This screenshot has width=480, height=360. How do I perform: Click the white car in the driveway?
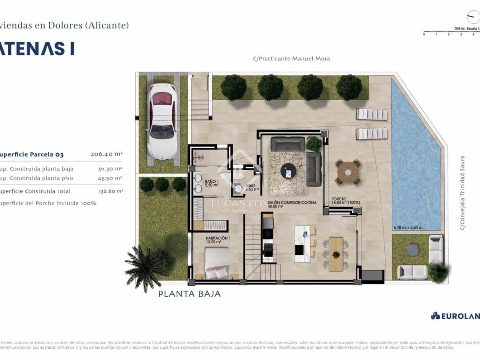[161, 121]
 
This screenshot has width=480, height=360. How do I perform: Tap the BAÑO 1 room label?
[211, 183]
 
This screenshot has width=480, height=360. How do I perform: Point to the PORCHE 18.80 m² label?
[345, 201]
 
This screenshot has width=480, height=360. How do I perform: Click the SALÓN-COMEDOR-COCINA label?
[292, 204]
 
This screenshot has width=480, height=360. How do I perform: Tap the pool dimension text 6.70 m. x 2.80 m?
[408, 227]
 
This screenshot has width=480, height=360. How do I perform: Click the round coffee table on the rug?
[288, 171]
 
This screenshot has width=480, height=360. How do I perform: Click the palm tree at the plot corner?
[146, 265]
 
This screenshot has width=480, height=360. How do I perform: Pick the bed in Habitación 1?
[216, 264]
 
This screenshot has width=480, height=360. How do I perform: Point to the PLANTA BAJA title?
[189, 294]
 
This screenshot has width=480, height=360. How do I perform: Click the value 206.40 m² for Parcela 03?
[106, 154]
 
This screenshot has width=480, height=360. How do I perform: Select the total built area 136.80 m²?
[110, 191]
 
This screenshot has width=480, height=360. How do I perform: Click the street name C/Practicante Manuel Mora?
[291, 59]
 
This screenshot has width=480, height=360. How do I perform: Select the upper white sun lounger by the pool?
[371, 115]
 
